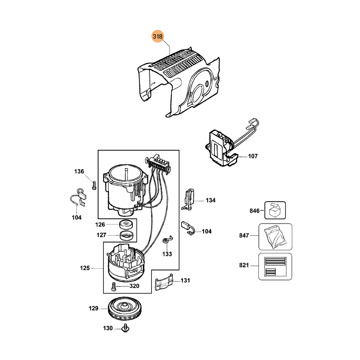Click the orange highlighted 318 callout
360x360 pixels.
pos(157,36)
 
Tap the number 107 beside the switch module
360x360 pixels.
pos(253,157)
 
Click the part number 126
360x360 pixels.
pos(100,224)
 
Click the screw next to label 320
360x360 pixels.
pos(114,286)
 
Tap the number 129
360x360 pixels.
pos(93,308)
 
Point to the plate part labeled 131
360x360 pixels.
pos(164,283)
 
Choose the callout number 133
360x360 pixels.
pos(167,254)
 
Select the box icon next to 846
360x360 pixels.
pos(275,211)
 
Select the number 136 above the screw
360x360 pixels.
pos(79,171)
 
